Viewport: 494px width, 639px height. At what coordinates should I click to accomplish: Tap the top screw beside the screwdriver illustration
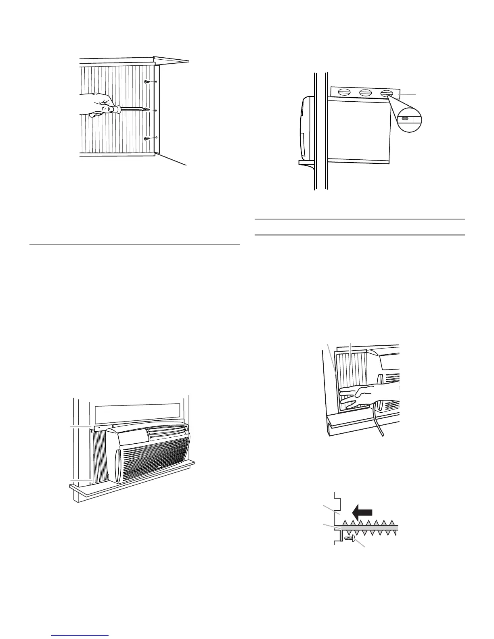[147, 82]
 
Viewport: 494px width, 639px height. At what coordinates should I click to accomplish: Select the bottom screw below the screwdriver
[147, 138]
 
